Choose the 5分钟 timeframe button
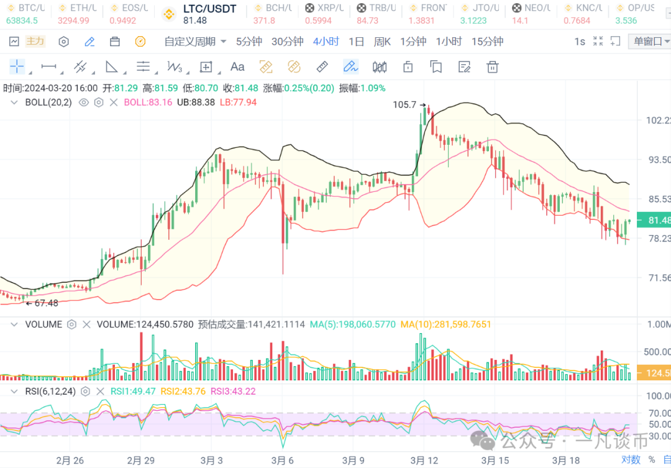tap(249, 42)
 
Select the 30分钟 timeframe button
tap(287, 42)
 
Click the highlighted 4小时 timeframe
tap(326, 42)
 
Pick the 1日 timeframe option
tap(356, 42)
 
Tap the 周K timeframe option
tap(382, 42)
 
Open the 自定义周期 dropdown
tap(195, 42)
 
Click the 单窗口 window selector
tap(649, 42)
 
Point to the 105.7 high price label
tap(404, 105)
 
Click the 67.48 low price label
tap(46, 303)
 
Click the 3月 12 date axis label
tap(425, 461)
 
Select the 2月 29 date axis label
tap(140, 461)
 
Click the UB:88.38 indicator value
tap(196, 103)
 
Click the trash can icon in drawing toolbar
tap(493, 67)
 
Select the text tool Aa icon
tap(237, 67)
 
